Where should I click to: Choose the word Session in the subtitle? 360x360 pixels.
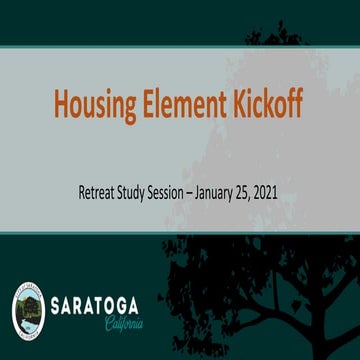[189, 193]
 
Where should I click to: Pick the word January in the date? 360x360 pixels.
[244, 193]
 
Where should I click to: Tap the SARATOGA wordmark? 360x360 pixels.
[97, 304]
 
